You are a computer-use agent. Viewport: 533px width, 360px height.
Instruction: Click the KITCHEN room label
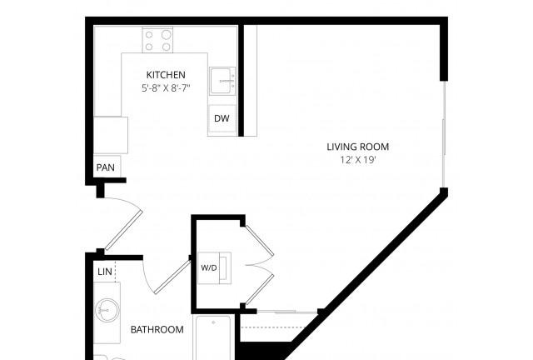point(166,75)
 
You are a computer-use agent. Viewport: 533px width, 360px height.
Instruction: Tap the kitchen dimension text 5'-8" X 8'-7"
point(166,88)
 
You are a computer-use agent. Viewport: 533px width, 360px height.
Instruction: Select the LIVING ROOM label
point(358,147)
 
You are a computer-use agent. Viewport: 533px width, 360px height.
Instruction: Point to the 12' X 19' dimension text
point(358,160)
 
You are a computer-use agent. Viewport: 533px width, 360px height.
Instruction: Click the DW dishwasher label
point(222,118)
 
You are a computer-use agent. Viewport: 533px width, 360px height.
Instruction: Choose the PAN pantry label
point(106,167)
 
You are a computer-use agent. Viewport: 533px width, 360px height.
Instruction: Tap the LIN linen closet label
point(105,272)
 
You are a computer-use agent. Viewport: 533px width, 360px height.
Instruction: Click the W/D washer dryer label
point(209,267)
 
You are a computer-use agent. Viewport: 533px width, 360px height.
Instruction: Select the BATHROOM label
point(157,329)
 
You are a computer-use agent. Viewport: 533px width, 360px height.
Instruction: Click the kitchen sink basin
point(222,81)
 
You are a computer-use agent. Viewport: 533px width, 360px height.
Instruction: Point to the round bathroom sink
point(107,310)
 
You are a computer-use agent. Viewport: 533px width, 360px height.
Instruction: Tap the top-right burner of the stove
point(167,35)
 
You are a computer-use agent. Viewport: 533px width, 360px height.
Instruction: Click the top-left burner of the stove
point(149,35)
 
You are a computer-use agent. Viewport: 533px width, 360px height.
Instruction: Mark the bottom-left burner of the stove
point(149,47)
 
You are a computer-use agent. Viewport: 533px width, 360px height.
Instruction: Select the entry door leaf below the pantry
point(124,230)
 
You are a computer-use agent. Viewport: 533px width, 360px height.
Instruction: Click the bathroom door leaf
point(172,277)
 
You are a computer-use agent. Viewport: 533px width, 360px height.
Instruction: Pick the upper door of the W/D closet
point(259,240)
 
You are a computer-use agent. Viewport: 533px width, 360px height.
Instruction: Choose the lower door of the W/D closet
point(259,289)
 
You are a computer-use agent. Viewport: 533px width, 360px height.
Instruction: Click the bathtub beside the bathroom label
point(213,337)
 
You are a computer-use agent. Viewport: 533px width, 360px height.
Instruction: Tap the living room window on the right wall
point(443,134)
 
